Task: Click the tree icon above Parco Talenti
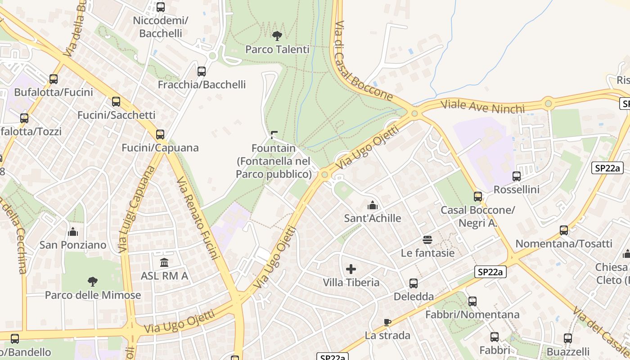coord(277,36)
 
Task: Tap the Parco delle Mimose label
coord(93,295)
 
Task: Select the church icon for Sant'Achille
coord(372,206)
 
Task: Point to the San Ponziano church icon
coord(72,232)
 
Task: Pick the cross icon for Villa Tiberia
coord(351,270)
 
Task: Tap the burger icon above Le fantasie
coord(427,240)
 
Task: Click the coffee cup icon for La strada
coord(387,322)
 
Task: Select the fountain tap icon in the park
coord(274,135)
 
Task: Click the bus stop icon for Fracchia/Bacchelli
coord(202,72)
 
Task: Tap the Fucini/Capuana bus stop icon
coord(160,135)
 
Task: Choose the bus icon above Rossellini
coord(517,176)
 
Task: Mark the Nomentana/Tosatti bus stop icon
coord(564,230)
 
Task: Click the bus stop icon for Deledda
coord(414,283)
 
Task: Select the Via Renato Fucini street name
coord(198,218)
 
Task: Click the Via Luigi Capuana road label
coord(137,209)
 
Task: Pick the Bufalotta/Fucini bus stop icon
coord(54,79)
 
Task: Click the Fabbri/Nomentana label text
coord(472,314)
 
